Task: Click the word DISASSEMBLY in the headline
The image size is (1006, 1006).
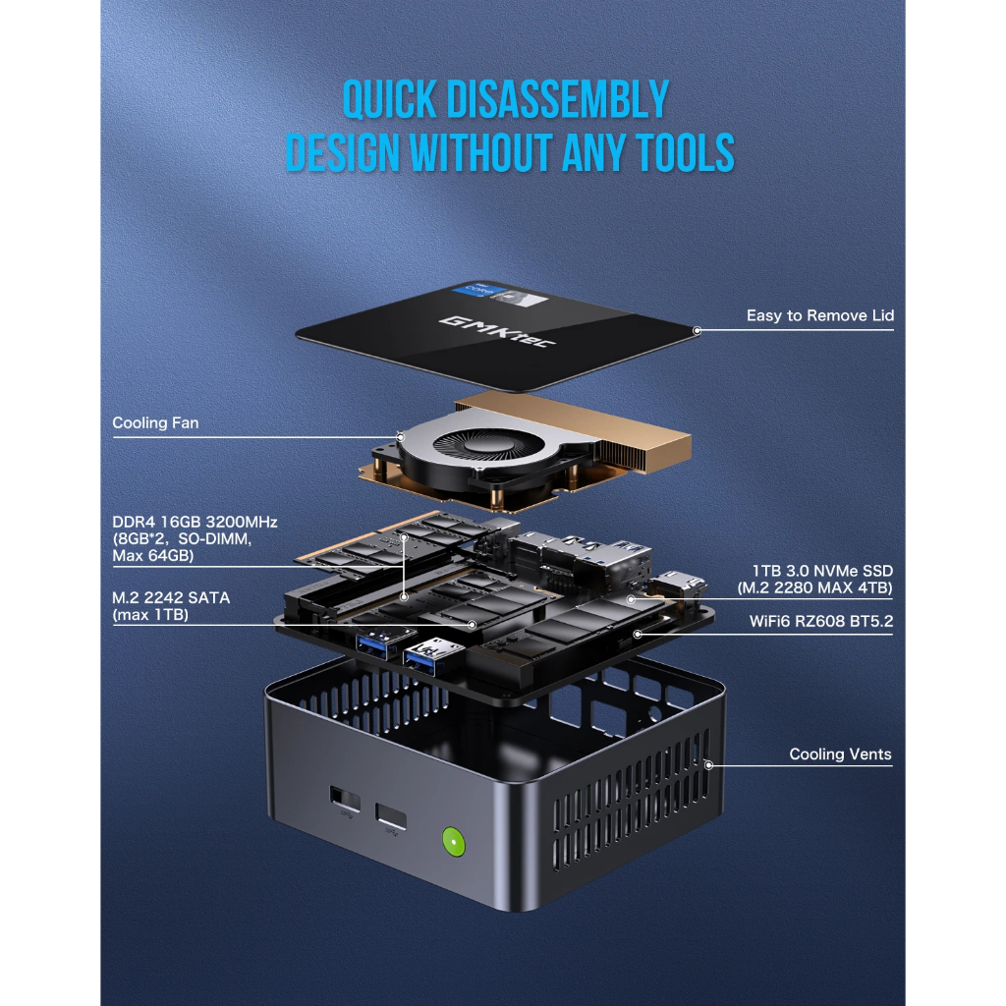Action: [557, 100]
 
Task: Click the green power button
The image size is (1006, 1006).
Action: [453, 841]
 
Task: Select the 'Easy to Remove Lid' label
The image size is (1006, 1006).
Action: [819, 315]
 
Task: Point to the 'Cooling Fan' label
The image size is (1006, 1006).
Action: [155, 423]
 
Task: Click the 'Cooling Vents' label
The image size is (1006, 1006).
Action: [840, 754]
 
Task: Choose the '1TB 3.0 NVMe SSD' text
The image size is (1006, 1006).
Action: [823, 571]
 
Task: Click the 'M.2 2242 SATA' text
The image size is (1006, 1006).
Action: [169, 598]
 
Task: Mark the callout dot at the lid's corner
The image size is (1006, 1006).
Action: [697, 331]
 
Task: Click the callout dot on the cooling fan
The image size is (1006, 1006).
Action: [400, 437]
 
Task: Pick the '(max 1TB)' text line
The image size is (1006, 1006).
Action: [149, 615]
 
